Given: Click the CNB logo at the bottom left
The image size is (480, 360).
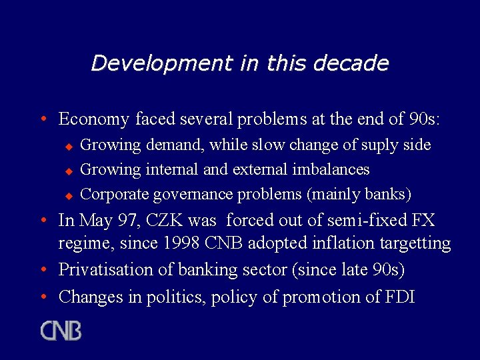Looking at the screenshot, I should tap(61, 331).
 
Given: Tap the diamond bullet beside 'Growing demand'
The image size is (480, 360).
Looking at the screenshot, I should tap(67, 146).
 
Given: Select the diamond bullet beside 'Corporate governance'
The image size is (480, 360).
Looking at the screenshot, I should tap(67, 195).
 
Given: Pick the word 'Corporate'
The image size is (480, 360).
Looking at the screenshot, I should tap(114, 195).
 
